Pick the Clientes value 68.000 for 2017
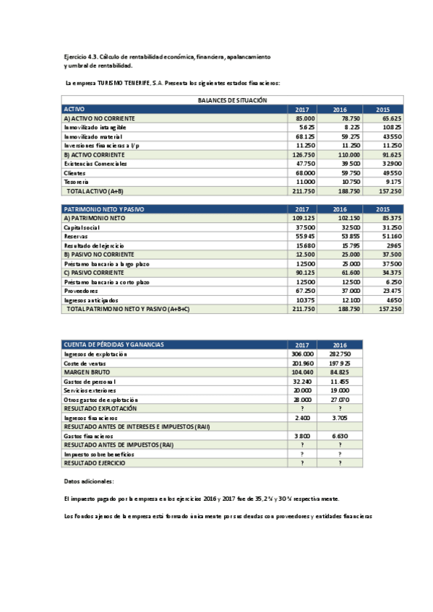coord(305,173)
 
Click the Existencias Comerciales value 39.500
coord(349,164)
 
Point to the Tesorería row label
coord(77,183)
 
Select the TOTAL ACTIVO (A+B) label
coord(95,192)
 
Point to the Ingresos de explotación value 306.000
coord(302,354)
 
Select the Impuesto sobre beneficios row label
coord(99,454)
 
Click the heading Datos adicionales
coord(89,481)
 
